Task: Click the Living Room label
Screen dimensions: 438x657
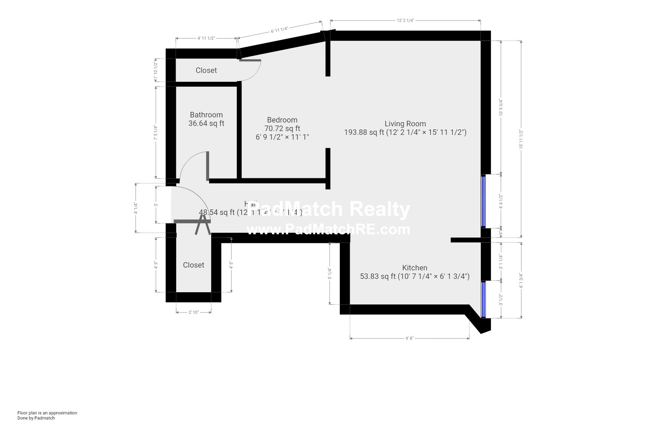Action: coord(405,124)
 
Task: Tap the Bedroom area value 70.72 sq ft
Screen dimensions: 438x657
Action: coord(282,128)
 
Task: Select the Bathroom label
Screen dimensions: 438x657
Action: coord(206,115)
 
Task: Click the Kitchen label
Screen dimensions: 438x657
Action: coord(414,268)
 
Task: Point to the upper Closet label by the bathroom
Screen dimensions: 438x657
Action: coord(206,70)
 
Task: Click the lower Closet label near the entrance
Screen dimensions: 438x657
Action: coord(193,265)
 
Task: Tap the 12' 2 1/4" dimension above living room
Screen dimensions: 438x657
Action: coord(405,21)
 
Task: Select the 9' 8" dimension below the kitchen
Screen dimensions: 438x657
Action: coord(409,338)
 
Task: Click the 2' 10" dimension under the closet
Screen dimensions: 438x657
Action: coord(193,312)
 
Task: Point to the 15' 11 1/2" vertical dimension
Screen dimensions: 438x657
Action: coord(521,139)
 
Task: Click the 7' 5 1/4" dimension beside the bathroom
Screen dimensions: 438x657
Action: coord(156,132)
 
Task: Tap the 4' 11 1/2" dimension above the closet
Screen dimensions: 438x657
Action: coord(206,38)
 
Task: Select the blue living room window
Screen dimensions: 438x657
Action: coord(483,201)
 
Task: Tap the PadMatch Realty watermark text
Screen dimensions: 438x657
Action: coord(328,209)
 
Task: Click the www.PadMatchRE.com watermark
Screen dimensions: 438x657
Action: coord(328,230)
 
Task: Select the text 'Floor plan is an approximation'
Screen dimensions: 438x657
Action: coord(47,413)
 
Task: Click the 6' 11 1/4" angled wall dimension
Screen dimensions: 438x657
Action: coord(279,30)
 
